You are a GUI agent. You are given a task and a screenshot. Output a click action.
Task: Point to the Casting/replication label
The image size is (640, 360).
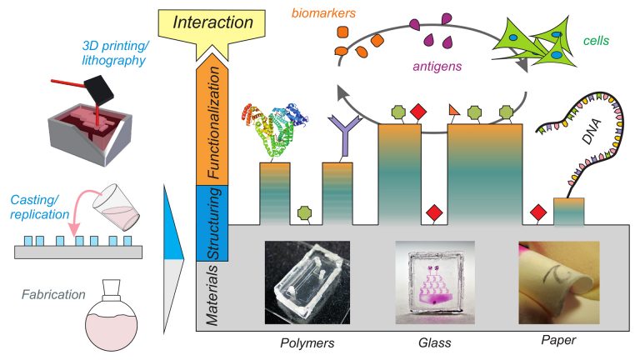point(45,207)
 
